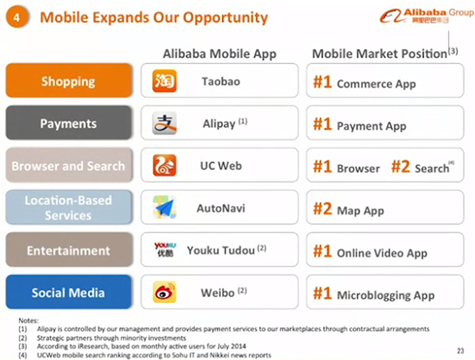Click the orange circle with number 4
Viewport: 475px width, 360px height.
(x=17, y=17)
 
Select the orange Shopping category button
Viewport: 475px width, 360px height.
(x=69, y=81)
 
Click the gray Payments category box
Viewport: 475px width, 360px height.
(x=69, y=122)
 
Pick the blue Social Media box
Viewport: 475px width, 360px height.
(x=69, y=292)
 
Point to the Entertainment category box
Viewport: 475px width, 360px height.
(x=69, y=250)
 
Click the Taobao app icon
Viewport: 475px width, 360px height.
(x=165, y=81)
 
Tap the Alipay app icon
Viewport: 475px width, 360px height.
(x=165, y=123)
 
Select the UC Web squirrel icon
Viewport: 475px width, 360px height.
(x=165, y=166)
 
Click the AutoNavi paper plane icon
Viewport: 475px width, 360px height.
(x=165, y=207)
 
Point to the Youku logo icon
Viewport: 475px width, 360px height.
(x=165, y=249)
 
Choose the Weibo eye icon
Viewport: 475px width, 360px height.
(x=165, y=292)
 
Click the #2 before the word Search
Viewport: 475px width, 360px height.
(x=400, y=166)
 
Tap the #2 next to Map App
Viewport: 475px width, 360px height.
(x=322, y=209)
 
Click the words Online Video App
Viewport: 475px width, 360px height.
(x=382, y=253)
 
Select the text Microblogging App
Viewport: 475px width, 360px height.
(x=386, y=295)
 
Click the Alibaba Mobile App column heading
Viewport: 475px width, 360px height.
(x=220, y=54)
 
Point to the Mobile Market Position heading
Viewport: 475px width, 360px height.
(x=379, y=53)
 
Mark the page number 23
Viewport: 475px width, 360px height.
(x=461, y=351)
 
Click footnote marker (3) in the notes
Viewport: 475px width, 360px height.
(x=23, y=346)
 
